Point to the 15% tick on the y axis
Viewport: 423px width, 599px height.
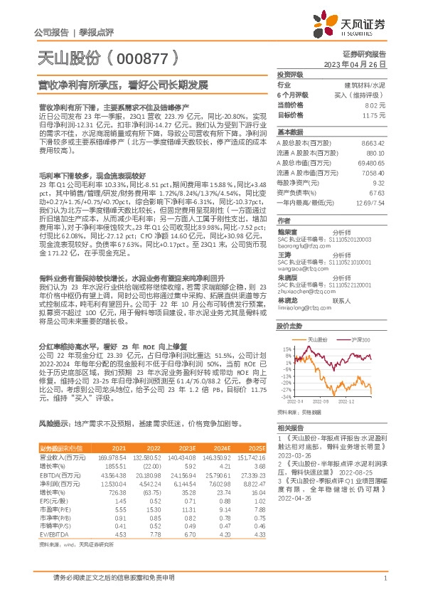pos(286,350)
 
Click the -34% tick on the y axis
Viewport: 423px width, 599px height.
pos(285,397)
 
